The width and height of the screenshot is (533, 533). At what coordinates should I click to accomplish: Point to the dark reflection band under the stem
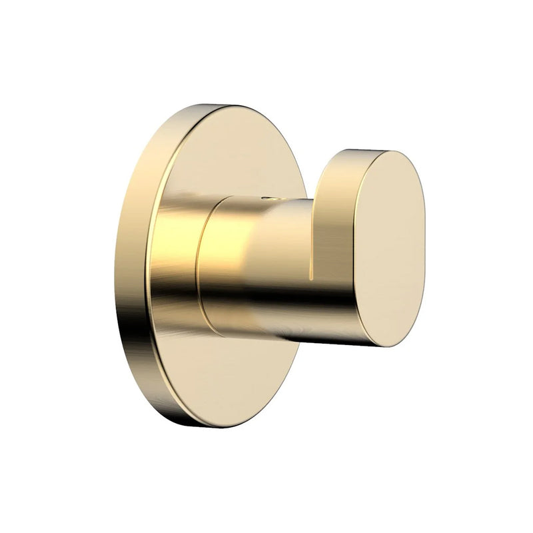click(x=266, y=320)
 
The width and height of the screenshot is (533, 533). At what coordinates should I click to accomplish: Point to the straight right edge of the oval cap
click(x=424, y=247)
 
